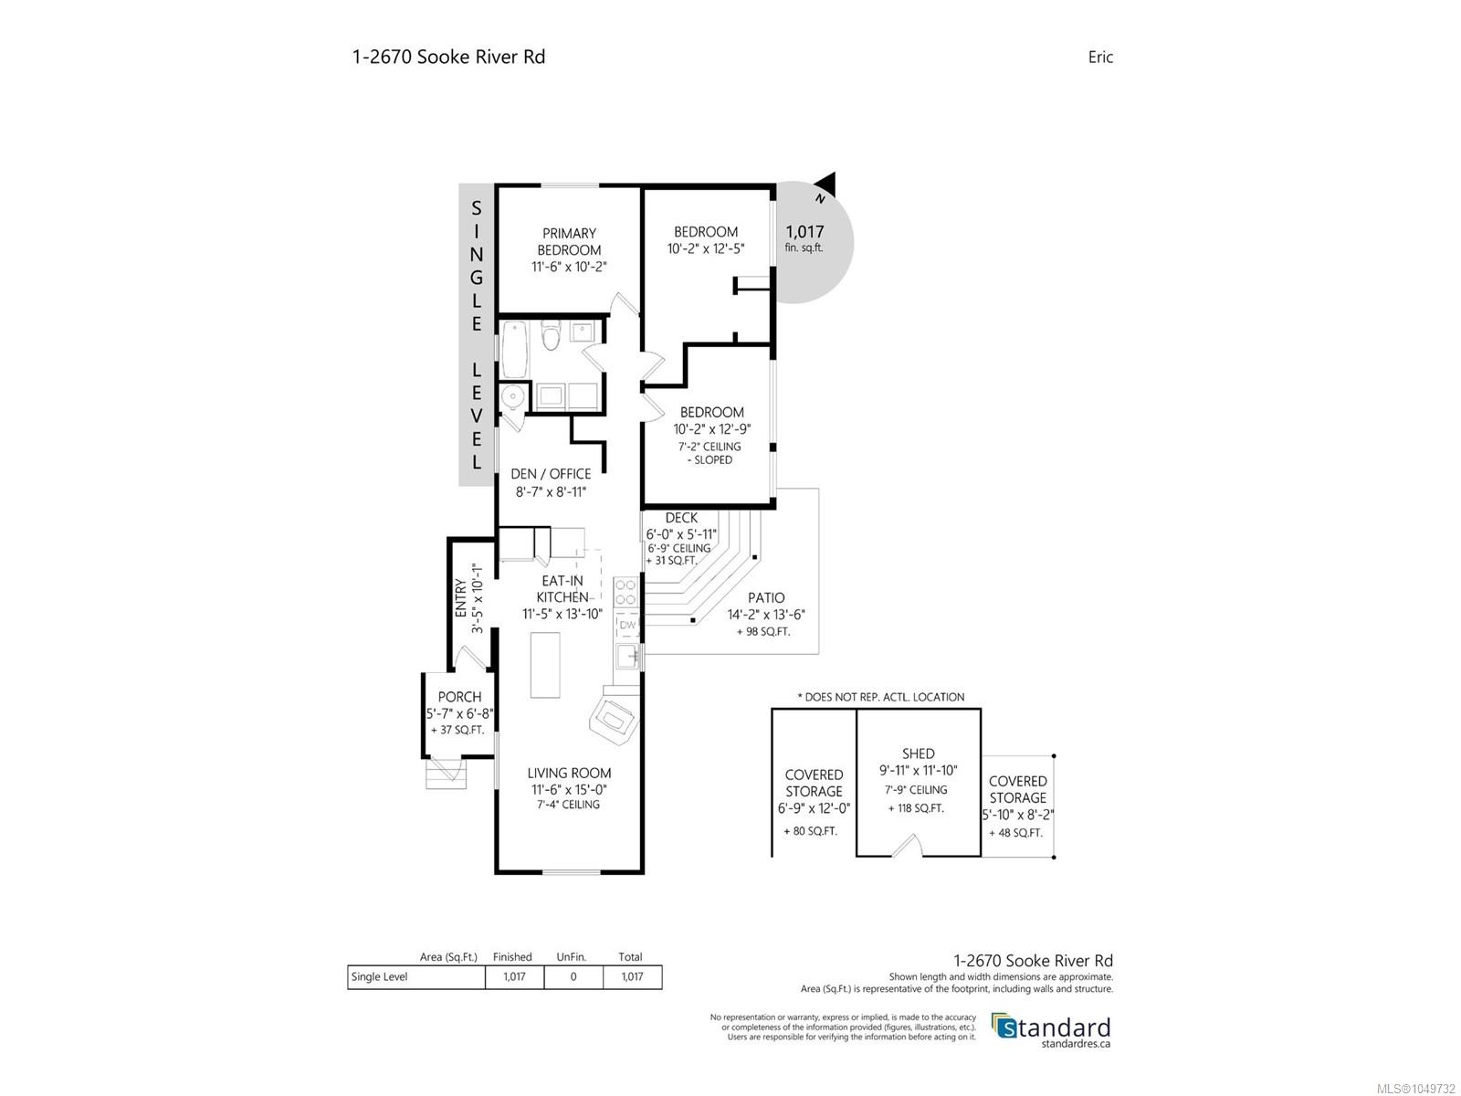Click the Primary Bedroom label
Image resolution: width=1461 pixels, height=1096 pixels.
(569, 241)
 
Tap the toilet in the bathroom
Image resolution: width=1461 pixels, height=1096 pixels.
(551, 334)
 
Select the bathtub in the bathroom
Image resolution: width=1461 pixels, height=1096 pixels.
(514, 350)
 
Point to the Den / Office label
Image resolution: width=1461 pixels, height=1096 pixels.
(551, 474)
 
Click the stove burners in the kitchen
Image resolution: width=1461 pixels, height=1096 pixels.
(625, 592)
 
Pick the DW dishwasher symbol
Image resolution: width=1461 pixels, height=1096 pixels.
(627, 625)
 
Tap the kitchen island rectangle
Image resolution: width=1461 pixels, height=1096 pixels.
(544, 665)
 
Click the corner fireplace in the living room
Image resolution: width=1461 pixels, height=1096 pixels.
(614, 720)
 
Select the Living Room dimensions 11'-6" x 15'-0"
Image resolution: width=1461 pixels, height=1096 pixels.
(569, 790)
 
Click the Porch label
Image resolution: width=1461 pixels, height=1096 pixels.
(459, 697)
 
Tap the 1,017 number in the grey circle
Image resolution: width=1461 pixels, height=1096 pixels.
(804, 232)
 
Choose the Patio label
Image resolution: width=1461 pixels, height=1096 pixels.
(766, 597)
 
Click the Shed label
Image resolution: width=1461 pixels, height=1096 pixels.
(918, 753)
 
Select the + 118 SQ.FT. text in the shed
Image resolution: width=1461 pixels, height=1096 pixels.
(916, 808)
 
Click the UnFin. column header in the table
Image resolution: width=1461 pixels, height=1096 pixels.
(571, 957)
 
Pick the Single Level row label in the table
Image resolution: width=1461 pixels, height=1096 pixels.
(379, 977)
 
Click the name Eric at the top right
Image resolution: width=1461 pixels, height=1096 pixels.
(1100, 58)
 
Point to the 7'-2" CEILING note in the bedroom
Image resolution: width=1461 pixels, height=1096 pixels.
(709, 447)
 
